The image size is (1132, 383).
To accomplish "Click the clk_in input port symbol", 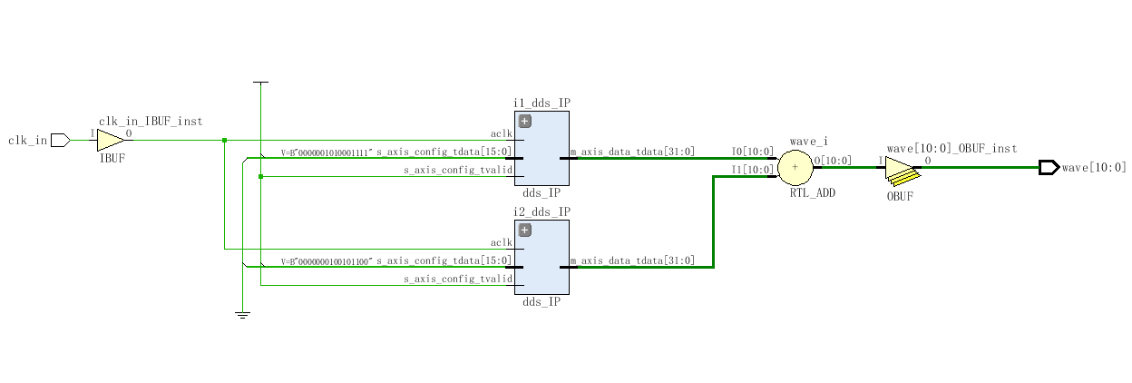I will click(60, 140).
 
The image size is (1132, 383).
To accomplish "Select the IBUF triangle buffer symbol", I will click(111, 140).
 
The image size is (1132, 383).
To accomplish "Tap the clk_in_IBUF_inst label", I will click(150, 122).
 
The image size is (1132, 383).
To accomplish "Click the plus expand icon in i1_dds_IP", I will click(524, 121).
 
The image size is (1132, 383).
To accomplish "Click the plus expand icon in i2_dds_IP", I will click(524, 230).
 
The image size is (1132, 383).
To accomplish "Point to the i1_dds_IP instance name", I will click(542, 103).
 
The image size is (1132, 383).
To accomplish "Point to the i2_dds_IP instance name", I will click(542, 211).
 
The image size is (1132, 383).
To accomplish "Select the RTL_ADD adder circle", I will click(795, 167).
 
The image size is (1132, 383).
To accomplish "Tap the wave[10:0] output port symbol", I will click(1049, 167).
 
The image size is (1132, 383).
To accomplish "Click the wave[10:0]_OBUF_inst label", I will click(951, 148).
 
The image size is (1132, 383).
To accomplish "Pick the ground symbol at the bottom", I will click(242, 314).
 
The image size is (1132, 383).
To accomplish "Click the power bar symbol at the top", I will click(260, 83).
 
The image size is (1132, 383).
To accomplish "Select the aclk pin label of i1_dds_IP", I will click(502, 134).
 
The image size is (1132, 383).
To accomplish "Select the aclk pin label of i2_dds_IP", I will click(502, 243).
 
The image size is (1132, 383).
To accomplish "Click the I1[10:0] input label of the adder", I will click(752, 170).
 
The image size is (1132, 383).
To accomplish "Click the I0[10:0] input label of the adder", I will click(752, 152).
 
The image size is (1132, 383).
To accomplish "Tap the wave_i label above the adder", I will click(808, 142).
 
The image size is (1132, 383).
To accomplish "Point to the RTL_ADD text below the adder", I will click(812, 193).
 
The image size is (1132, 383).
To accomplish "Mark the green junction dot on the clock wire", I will click(224, 140).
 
